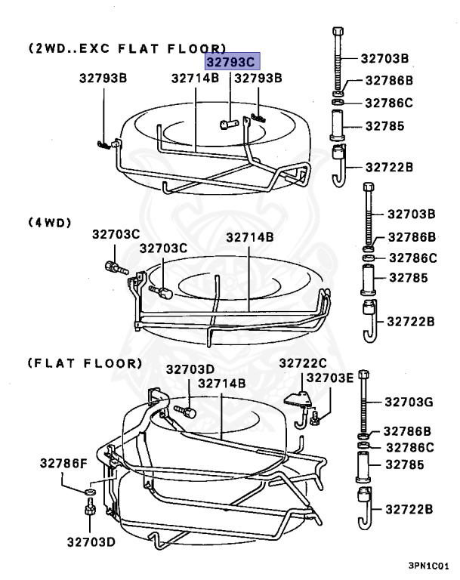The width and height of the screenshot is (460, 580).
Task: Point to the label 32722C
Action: (303, 363)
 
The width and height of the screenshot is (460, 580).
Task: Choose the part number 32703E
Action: (329, 378)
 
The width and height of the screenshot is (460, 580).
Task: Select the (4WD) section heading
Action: (50, 222)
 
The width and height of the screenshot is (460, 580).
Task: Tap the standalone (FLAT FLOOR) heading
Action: (85, 362)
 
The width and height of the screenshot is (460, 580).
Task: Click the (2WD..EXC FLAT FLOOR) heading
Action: (127, 48)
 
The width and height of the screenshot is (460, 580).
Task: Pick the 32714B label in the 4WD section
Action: (250, 237)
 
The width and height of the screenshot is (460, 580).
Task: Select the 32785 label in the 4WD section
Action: (409, 278)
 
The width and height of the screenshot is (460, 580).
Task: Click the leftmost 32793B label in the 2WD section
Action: (103, 78)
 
